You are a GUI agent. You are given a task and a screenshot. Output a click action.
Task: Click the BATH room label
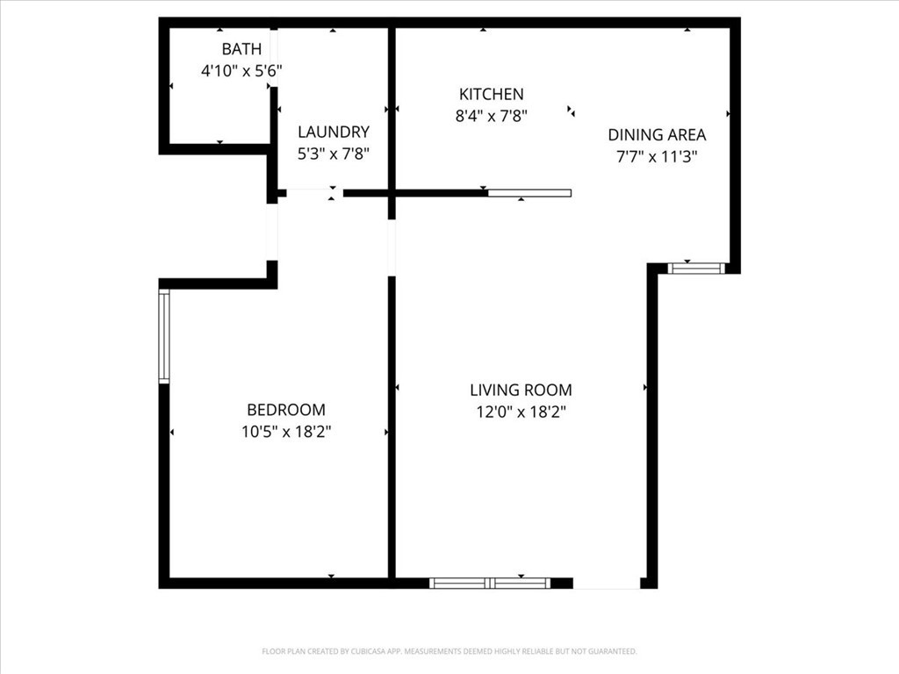242,49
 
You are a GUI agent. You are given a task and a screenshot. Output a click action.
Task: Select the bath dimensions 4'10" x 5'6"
241,71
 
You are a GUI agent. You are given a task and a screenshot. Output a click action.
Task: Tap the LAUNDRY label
333,132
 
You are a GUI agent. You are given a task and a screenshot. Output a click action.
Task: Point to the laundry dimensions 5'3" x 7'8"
333,154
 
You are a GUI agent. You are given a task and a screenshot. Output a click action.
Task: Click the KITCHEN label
492,94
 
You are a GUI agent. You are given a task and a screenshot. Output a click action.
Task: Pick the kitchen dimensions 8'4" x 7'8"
492,117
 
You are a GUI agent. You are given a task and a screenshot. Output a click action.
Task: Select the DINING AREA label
657,134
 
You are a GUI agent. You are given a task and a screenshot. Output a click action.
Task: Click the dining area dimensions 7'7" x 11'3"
657,156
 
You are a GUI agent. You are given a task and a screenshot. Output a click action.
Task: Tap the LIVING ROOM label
521,391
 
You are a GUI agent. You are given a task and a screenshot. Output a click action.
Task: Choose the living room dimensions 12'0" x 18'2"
521,412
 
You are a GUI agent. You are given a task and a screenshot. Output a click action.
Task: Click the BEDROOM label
286,410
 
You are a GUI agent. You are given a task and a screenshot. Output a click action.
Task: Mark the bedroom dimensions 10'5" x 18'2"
286,432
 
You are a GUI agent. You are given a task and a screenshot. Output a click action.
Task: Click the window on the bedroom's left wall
164,336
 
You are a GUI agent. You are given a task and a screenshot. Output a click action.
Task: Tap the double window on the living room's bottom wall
490,584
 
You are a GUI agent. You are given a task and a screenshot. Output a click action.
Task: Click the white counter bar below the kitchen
529,193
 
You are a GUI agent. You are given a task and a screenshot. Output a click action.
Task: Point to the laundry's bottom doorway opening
315,193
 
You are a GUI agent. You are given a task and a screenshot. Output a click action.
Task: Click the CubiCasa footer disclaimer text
449,651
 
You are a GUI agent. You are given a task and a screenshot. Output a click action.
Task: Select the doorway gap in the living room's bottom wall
607,584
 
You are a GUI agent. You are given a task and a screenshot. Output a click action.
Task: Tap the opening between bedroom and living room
392,248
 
